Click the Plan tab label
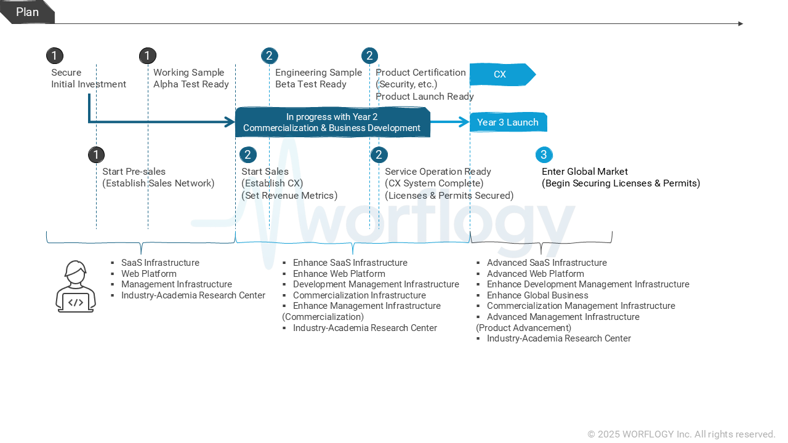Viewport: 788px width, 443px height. click(x=27, y=12)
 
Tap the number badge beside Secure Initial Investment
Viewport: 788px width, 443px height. click(x=55, y=56)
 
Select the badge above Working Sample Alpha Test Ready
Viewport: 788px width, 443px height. click(x=148, y=56)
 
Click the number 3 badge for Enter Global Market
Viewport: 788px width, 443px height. click(x=544, y=155)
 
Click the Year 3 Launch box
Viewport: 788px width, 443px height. click(x=508, y=122)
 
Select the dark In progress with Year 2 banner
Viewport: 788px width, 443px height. click(x=332, y=122)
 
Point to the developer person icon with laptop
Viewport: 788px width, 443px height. click(x=76, y=287)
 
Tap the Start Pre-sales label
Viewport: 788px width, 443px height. click(x=134, y=172)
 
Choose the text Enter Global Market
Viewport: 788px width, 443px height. click(x=585, y=172)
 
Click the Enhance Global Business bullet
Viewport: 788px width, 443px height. click(x=537, y=295)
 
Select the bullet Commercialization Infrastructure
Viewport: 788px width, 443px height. click(x=359, y=295)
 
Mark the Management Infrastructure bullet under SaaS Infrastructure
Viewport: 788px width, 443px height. click(x=176, y=284)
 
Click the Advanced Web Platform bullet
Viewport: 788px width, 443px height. click(x=535, y=274)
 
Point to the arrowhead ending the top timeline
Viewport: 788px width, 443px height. click(x=741, y=24)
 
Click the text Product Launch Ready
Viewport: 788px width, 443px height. click(x=425, y=97)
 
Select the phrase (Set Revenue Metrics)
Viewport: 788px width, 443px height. click(x=289, y=196)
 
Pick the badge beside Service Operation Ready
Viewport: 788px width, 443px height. click(x=379, y=155)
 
